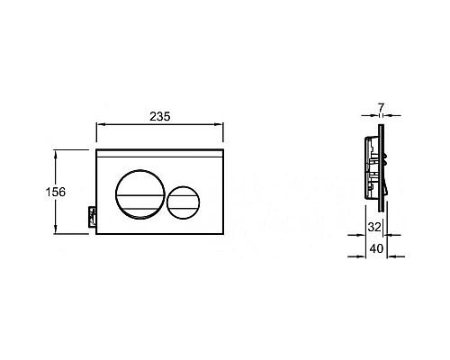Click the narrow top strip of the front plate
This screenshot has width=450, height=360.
click(158, 155)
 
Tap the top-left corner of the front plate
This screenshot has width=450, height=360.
click(95, 149)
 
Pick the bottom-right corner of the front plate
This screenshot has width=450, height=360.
click(220, 235)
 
